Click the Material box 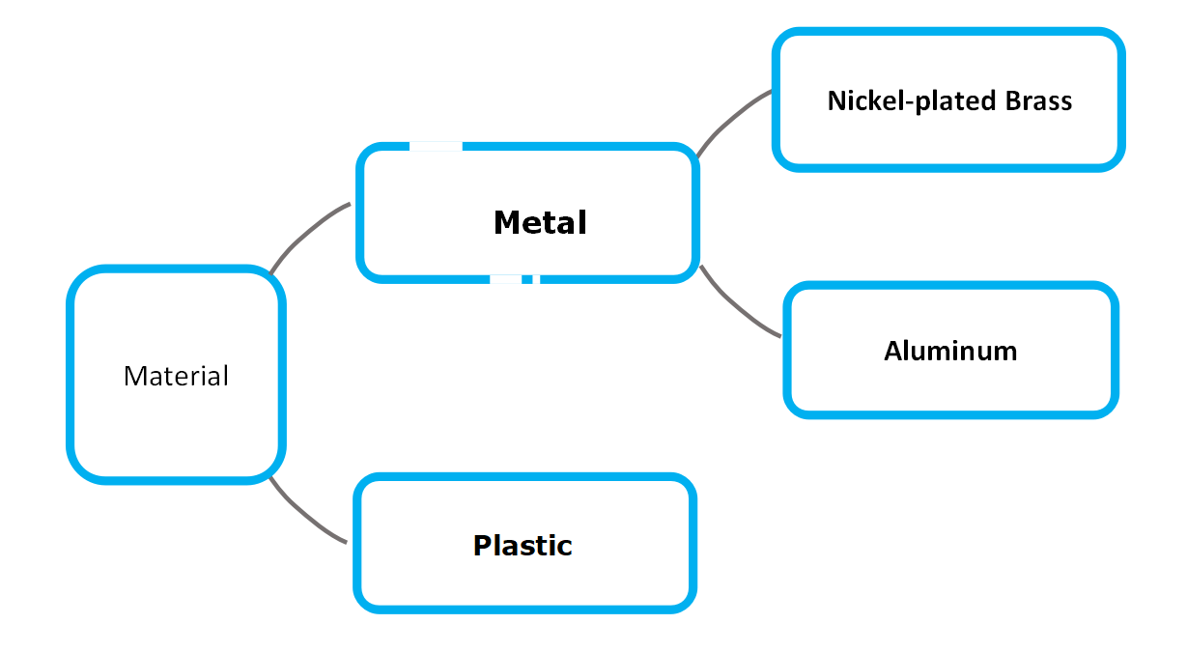pyautogui.click(x=176, y=374)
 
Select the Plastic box pyautogui.click(x=524, y=543)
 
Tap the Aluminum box pyautogui.click(x=950, y=350)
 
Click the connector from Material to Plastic pyautogui.click(x=304, y=513)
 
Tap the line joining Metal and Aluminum pyautogui.click(x=737, y=305)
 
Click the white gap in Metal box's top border pyautogui.click(x=436, y=146)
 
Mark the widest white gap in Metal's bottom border pyautogui.click(x=505, y=279)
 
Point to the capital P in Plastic pyautogui.click(x=483, y=546)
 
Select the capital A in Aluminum pyautogui.click(x=894, y=351)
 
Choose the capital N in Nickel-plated pyautogui.click(x=837, y=100)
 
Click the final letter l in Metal pyautogui.click(x=583, y=221)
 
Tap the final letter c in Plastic pyautogui.click(x=564, y=548)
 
